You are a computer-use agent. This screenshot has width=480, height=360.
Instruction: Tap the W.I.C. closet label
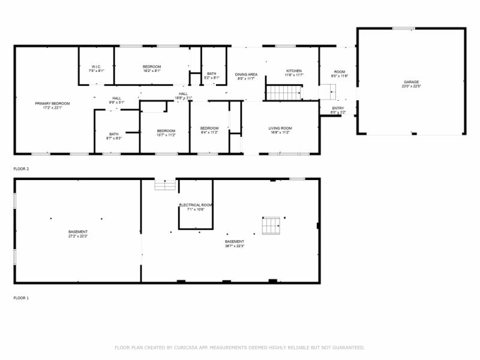pos(97,67)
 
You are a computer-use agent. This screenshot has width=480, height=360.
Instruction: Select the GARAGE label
pos(411,82)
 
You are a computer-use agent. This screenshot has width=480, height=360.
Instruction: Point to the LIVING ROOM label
pos(280,128)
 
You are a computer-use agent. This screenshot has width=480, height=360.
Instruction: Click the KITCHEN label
pos(294,71)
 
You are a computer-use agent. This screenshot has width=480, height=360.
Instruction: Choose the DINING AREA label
pos(246,74)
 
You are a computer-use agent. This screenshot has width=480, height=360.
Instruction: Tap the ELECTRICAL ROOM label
pos(196,205)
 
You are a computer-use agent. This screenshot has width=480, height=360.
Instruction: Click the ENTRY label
pos(338,108)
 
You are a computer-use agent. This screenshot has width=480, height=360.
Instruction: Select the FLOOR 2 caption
pos(21,169)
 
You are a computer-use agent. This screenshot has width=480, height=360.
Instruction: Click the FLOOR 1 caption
pos(21,298)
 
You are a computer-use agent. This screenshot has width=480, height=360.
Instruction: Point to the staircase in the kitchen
pos(283,93)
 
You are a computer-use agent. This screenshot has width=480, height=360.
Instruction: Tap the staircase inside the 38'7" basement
pos(271,226)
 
